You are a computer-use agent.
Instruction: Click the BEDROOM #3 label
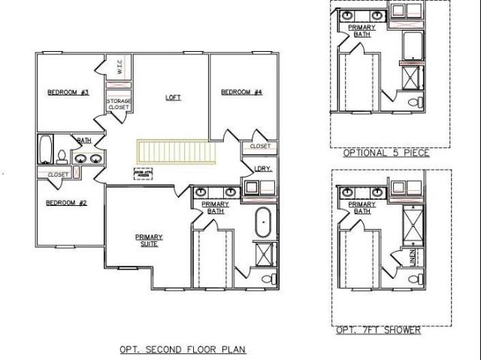pos(68,92)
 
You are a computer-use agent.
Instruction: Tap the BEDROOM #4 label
pos(241,92)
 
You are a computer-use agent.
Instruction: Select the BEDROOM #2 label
pos(67,203)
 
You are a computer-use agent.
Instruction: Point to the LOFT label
pos(174,98)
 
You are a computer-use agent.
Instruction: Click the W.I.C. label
pos(119,68)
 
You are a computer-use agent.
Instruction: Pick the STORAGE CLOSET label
pos(119,104)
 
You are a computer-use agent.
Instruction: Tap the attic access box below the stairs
pos(143,174)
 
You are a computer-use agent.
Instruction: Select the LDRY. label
pos(262,169)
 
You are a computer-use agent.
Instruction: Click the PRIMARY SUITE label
pos(149,241)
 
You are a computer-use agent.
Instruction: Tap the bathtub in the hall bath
pos(45,148)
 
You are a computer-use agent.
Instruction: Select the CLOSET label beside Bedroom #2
pos(58,174)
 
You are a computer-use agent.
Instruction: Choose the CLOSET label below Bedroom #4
pos(260,147)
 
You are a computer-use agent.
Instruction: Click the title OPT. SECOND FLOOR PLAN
pos(183,349)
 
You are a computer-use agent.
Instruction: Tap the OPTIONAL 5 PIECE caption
pos(386,153)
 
